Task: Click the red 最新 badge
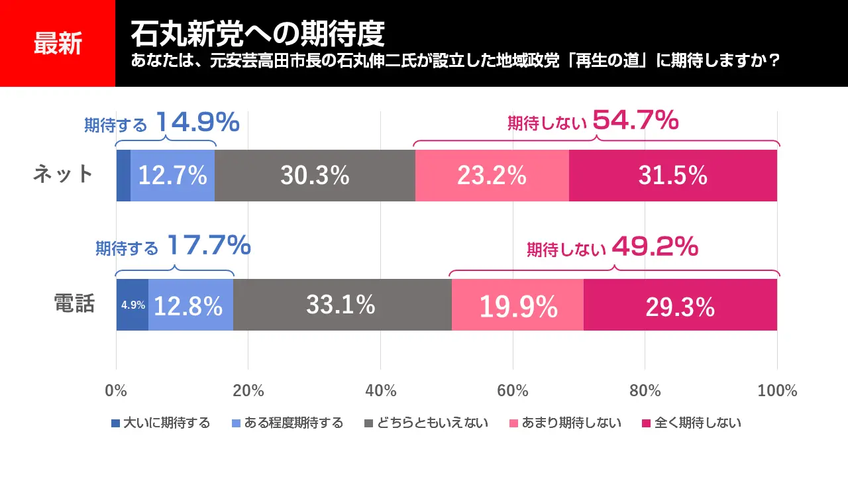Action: point(58,44)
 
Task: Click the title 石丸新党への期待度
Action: point(258,31)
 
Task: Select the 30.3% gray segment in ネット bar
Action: point(315,176)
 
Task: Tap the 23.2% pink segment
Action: point(492,176)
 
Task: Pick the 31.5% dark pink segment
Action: point(672,176)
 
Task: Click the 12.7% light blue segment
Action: point(172,176)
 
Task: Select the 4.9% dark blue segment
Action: point(132,305)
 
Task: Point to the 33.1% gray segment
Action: point(341,305)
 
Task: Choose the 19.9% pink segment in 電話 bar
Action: point(517,305)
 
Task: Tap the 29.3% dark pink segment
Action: point(680,305)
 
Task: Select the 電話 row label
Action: point(74,304)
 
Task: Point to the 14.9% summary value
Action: point(197,122)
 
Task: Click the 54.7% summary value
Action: point(635,121)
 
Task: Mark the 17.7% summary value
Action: point(209,246)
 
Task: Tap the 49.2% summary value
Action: point(655,247)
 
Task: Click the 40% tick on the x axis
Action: point(381,390)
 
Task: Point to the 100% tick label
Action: point(777,390)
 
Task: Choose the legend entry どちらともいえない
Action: point(427,423)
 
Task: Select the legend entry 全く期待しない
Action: point(692,423)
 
